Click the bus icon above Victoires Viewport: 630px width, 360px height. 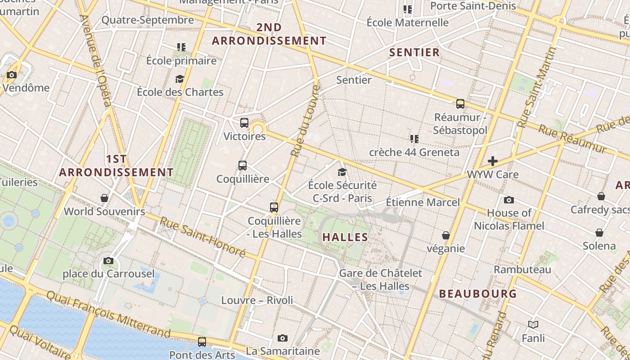pyautogui.click(x=244, y=122)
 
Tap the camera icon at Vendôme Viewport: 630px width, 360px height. pyautogui.click(x=12, y=75)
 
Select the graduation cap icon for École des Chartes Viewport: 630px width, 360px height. pyautogui.click(x=180, y=79)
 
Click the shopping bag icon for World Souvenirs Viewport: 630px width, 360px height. pyautogui.click(x=104, y=198)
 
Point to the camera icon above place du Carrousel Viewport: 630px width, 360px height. pyautogui.click(x=108, y=261)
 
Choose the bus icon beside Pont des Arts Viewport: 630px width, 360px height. pyautogui.click(x=202, y=342)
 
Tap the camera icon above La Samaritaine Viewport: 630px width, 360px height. pyautogui.click(x=283, y=338)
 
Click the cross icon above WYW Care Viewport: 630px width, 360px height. pyautogui.click(x=493, y=161)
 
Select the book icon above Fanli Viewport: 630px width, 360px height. pyautogui.click(x=533, y=324)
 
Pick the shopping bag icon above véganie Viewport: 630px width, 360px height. pyautogui.click(x=446, y=235)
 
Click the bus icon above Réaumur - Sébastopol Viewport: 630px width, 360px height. pyautogui.click(x=460, y=104)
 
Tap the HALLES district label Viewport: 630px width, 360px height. pyautogui.click(x=346, y=237)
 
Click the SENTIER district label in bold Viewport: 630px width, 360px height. pyautogui.click(x=414, y=52)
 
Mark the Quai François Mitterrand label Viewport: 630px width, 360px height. pyautogui.click(x=108, y=314)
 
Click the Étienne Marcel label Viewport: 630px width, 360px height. pyautogui.click(x=423, y=202)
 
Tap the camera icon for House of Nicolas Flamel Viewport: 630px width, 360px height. pyautogui.click(x=509, y=200)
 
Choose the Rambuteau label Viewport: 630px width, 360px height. pyautogui.click(x=522, y=270)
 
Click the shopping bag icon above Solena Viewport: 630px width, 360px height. pyautogui.click(x=599, y=233)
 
